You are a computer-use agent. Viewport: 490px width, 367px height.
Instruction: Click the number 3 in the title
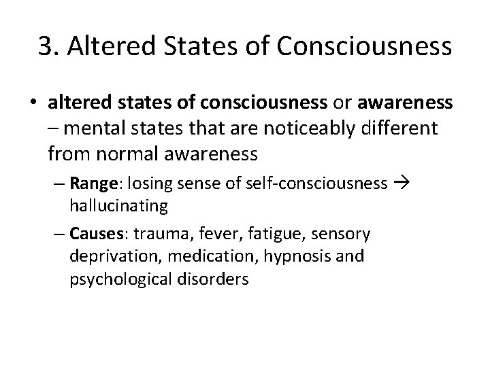pos(46,46)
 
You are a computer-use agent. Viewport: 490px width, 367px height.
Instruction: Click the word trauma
pos(163,234)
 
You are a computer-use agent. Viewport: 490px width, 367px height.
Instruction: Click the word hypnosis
pos(279,256)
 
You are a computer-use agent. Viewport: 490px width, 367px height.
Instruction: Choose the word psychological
pos(118,278)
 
